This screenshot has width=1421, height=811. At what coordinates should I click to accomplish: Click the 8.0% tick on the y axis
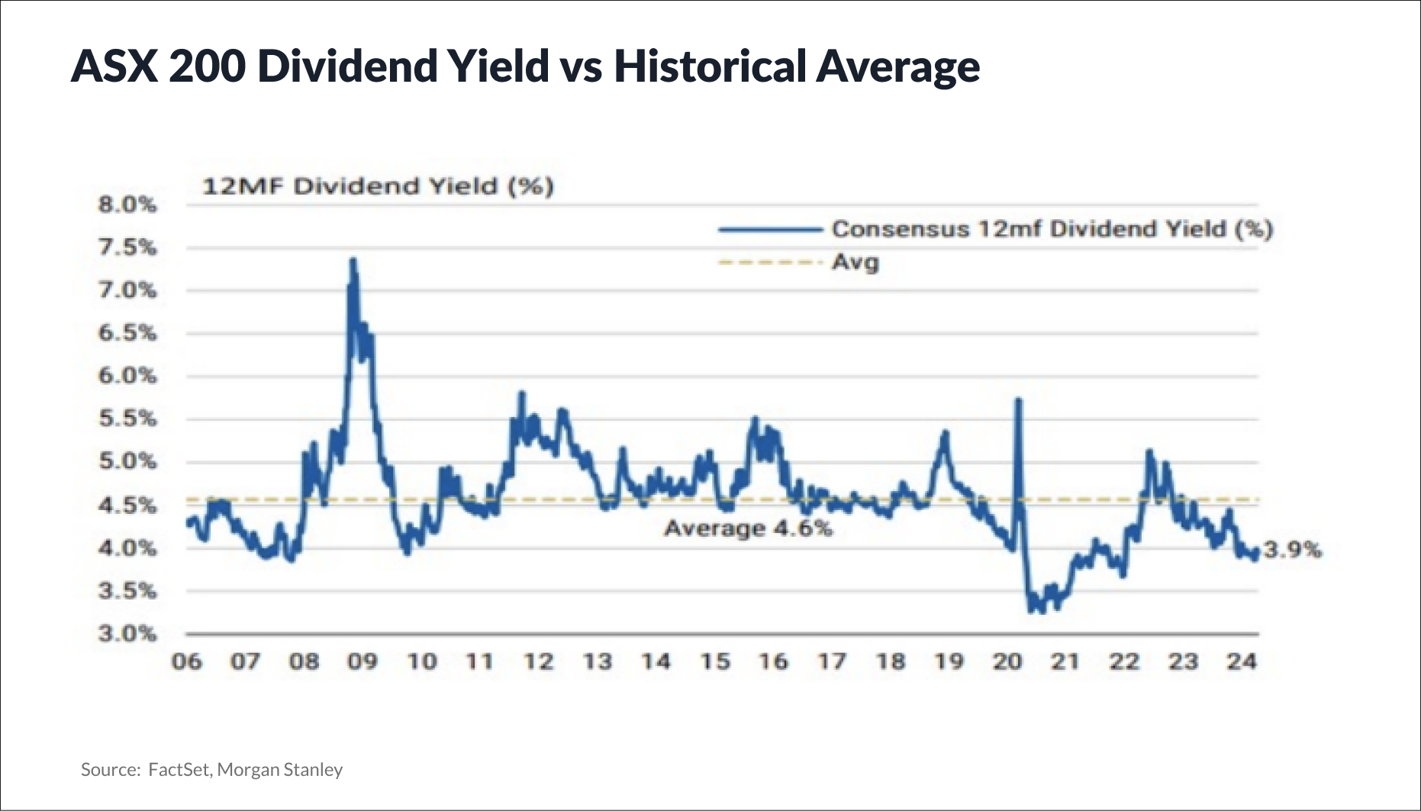pyautogui.click(x=127, y=205)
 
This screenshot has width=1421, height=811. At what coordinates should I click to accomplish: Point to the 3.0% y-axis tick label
pyautogui.click(x=127, y=634)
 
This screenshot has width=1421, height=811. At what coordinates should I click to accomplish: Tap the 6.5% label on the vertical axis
pyautogui.click(x=127, y=333)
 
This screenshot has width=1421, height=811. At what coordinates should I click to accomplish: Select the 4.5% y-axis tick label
pyautogui.click(x=127, y=506)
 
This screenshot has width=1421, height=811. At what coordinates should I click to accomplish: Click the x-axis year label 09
pyautogui.click(x=362, y=661)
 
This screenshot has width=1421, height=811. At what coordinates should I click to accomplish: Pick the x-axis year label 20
pyautogui.click(x=1007, y=661)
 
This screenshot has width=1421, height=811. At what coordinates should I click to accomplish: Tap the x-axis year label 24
pyautogui.click(x=1242, y=661)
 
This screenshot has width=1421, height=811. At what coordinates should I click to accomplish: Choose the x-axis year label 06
pyautogui.click(x=187, y=661)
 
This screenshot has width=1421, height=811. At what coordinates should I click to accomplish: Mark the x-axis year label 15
pyautogui.click(x=715, y=661)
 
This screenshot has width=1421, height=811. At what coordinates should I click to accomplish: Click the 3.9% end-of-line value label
pyautogui.click(x=1292, y=550)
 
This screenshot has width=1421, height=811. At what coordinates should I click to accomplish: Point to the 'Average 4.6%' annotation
pyautogui.click(x=748, y=528)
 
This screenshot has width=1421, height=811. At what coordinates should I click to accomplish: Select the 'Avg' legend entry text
pyautogui.click(x=855, y=263)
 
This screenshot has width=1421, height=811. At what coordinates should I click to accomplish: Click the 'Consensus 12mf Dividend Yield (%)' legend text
pyautogui.click(x=1052, y=229)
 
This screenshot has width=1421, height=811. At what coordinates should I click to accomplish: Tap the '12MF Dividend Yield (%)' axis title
pyautogui.click(x=378, y=186)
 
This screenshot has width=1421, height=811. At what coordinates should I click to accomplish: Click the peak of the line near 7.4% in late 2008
pyautogui.click(x=353, y=260)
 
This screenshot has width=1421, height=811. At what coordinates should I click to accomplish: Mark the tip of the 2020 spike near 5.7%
pyautogui.click(x=1018, y=399)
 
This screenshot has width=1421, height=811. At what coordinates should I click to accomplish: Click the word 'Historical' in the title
pyautogui.click(x=710, y=66)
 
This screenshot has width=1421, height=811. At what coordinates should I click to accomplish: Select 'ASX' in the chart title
pyautogui.click(x=114, y=66)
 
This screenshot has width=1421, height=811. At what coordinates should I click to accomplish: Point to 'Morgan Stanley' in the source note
pyautogui.click(x=280, y=770)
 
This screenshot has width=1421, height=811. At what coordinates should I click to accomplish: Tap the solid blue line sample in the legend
pyautogui.click(x=769, y=229)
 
